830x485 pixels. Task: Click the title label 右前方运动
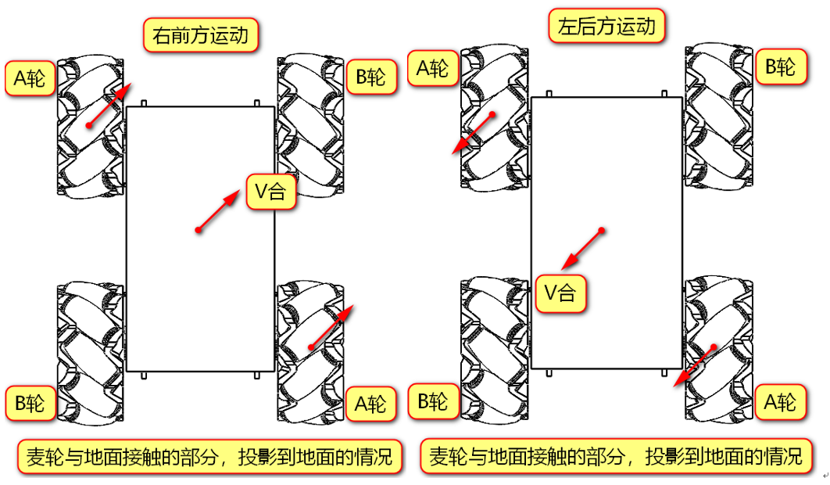[x=201, y=35]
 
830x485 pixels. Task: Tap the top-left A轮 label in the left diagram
[x=30, y=78]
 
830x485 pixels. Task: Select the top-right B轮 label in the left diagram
[x=370, y=77]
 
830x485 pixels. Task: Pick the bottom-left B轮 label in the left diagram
[x=30, y=404]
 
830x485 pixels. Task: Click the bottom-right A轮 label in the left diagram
[x=370, y=404]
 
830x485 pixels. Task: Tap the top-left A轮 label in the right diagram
[x=432, y=68]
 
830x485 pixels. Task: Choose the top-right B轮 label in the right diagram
[x=780, y=66]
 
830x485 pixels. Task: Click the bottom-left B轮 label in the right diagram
[x=432, y=402]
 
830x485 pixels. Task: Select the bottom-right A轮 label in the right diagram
[x=780, y=402]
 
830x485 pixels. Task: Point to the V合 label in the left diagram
[x=270, y=192]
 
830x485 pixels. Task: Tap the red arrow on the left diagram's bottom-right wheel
[x=332, y=326]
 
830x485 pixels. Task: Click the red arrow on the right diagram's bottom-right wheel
[x=696, y=366]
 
